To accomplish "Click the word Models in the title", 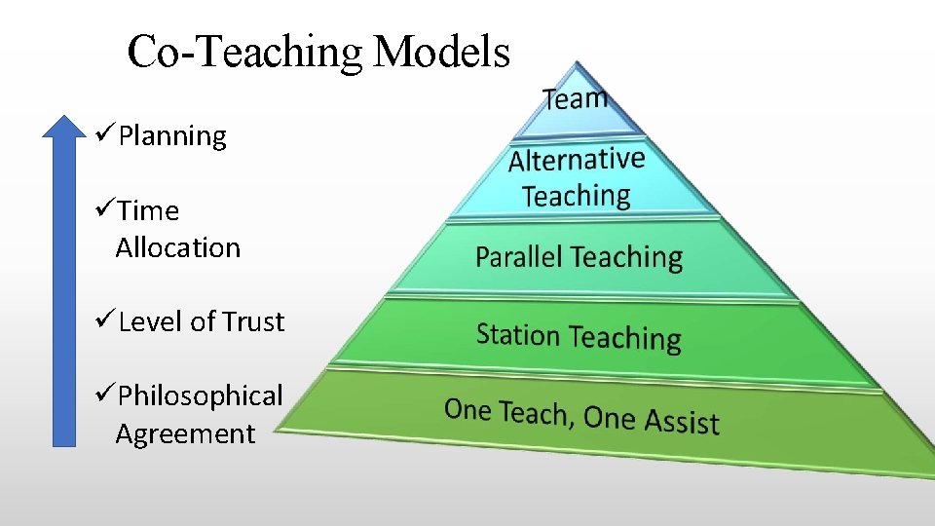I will pyautogui.click(x=442, y=52).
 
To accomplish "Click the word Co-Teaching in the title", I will pyautogui.click(x=245, y=52).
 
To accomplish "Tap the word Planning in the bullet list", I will pyautogui.click(x=172, y=136).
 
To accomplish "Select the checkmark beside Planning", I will pyautogui.click(x=105, y=134).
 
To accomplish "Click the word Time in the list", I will pyautogui.click(x=149, y=211).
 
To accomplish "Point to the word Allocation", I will pyautogui.click(x=177, y=247).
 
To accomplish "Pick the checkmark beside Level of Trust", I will pyautogui.click(x=105, y=320).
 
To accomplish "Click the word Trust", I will pyautogui.click(x=253, y=321).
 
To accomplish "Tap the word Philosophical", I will pyautogui.click(x=200, y=396).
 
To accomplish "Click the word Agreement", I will pyautogui.click(x=185, y=433).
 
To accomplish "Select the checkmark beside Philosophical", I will pyautogui.click(x=105, y=394).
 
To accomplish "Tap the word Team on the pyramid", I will pyautogui.click(x=576, y=97).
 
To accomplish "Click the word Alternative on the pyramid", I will pyautogui.click(x=577, y=159).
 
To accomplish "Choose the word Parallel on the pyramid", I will pyautogui.click(x=519, y=257).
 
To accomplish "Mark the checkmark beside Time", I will pyautogui.click(x=105, y=209).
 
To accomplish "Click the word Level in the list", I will pyautogui.click(x=146, y=321).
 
